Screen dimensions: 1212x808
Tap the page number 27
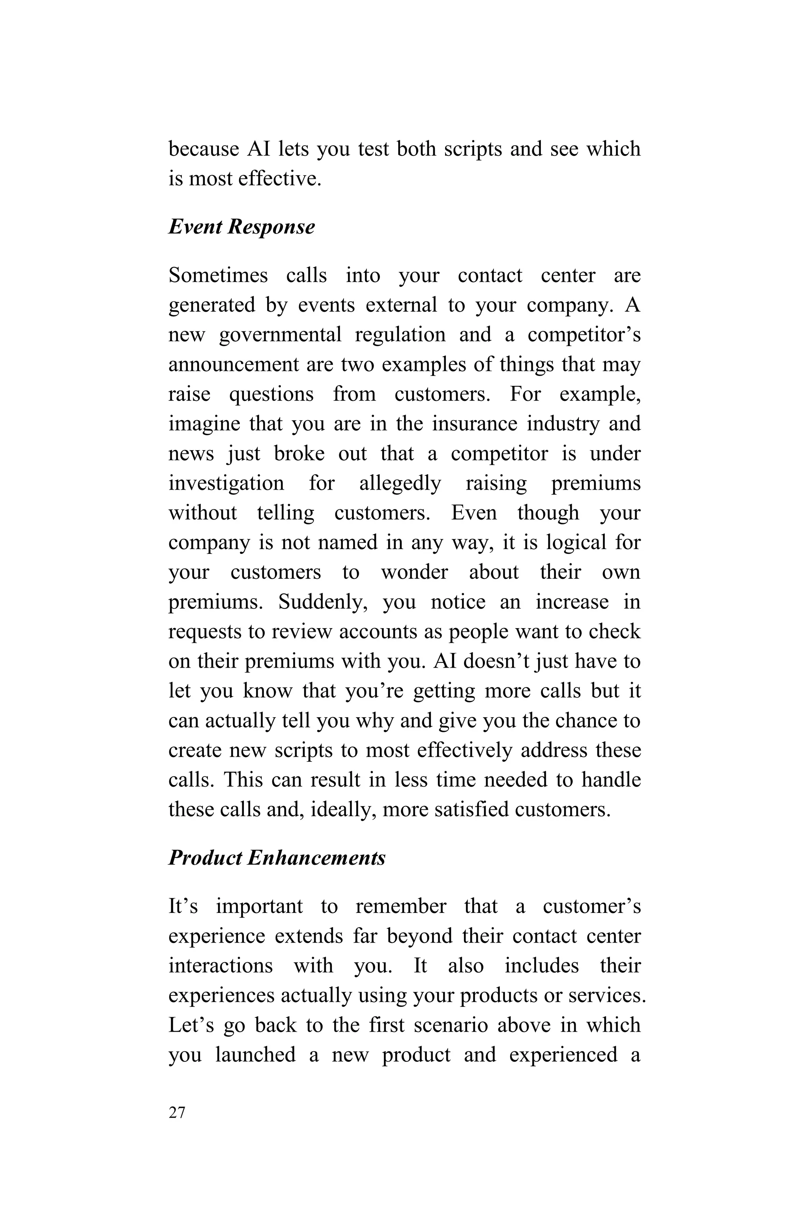tap(177, 1113)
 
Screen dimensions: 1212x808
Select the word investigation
tap(226, 483)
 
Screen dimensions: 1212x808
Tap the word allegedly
tap(400, 483)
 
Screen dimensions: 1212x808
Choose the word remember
tap(400, 906)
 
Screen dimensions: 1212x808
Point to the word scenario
tap(451, 1025)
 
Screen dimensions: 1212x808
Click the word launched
tap(255, 1055)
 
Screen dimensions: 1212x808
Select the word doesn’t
tap(497, 661)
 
